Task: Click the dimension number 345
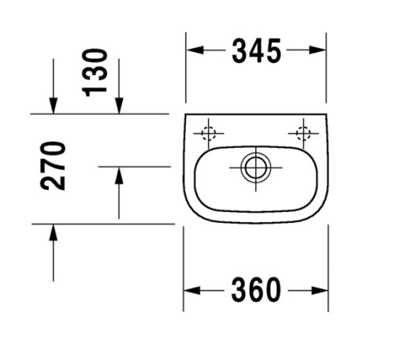pyautogui.click(x=256, y=51)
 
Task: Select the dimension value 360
pyautogui.click(x=256, y=291)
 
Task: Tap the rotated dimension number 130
pyautogui.click(x=95, y=71)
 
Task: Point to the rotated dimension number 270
pyautogui.click(x=54, y=166)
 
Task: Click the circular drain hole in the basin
pyautogui.click(x=254, y=166)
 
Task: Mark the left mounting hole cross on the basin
pyautogui.click(x=210, y=133)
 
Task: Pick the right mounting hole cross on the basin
pyautogui.click(x=302, y=133)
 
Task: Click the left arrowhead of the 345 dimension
pyautogui.click(x=194, y=51)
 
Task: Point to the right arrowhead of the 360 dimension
pyautogui.click(x=321, y=291)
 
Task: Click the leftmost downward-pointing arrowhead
pyautogui.click(x=54, y=104)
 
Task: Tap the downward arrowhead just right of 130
pyautogui.click(x=118, y=104)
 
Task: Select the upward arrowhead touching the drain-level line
pyautogui.click(x=118, y=176)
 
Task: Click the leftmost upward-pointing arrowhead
pyautogui.click(x=54, y=232)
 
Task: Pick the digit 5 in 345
pyautogui.click(x=272, y=51)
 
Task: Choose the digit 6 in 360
pyautogui.click(x=256, y=291)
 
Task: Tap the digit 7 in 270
pyautogui.click(x=54, y=165)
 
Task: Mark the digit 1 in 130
pyautogui.click(x=95, y=87)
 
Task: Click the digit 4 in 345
pyautogui.click(x=256, y=51)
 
